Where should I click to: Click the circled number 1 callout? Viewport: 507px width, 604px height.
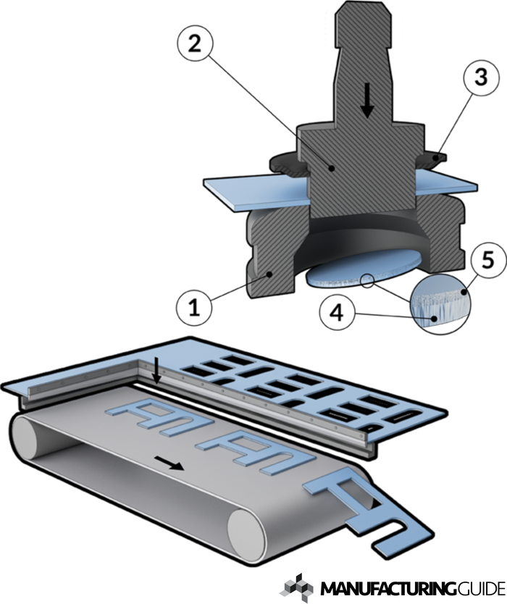coord(193,307)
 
